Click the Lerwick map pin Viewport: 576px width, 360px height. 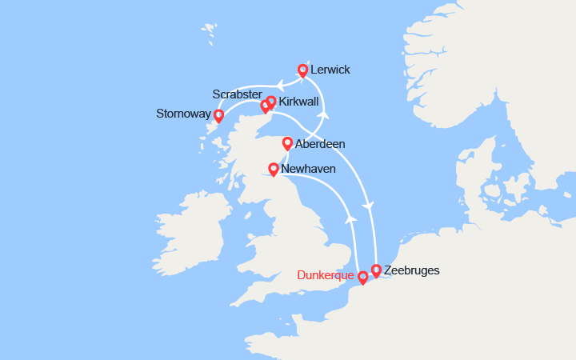click(302, 70)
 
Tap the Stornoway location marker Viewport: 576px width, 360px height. click(218, 116)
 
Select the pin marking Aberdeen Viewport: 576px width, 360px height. click(287, 143)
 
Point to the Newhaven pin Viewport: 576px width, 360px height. click(273, 169)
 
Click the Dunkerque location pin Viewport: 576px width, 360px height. click(362, 277)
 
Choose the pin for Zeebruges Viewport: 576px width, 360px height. click(376, 270)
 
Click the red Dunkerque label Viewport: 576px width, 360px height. click(324, 276)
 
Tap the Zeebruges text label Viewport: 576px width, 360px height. click(411, 270)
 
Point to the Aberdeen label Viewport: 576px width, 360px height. click(320, 144)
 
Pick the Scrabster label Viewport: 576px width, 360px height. click(238, 94)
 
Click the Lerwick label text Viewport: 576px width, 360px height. click(330, 70)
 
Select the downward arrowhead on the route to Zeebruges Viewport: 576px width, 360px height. click(368, 207)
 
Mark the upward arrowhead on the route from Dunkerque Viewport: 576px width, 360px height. click(349, 218)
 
